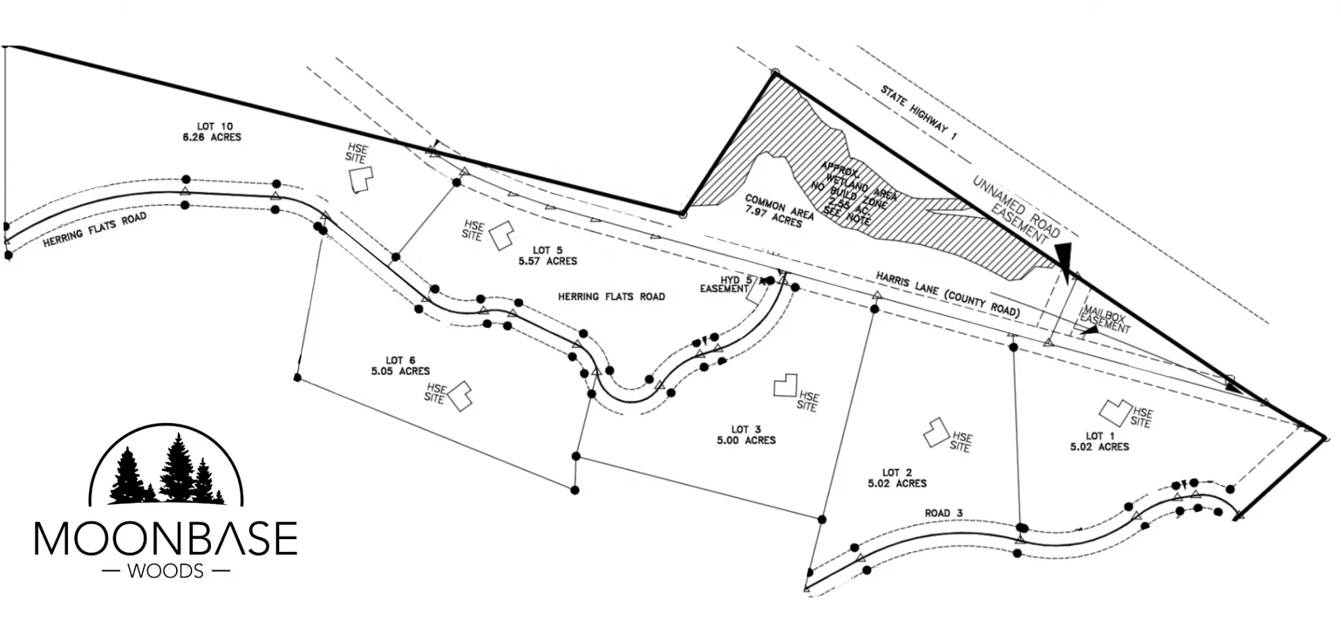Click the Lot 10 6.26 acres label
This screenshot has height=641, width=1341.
pyautogui.click(x=211, y=132)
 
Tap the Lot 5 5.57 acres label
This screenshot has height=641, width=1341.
pyautogui.click(x=547, y=256)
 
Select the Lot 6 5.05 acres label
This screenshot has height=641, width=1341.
pyautogui.click(x=400, y=366)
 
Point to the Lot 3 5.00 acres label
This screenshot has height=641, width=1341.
pyautogui.click(x=746, y=435)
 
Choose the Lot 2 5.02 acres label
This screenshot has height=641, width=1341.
pyautogui.click(x=897, y=478)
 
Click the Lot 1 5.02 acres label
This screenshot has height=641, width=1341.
pyautogui.click(x=1099, y=441)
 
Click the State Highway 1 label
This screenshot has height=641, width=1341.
pyautogui.click(x=918, y=113)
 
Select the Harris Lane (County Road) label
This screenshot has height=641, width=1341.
pyautogui.click(x=947, y=294)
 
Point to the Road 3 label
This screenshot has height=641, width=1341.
pyautogui.click(x=943, y=513)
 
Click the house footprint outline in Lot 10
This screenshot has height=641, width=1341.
pyautogui.click(x=361, y=179)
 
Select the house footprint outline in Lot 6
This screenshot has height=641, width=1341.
pyautogui.click(x=460, y=395)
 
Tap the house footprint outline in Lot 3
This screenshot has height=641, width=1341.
pyautogui.click(x=785, y=385)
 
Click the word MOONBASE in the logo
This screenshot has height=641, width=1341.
pyautogui.click(x=166, y=538)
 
